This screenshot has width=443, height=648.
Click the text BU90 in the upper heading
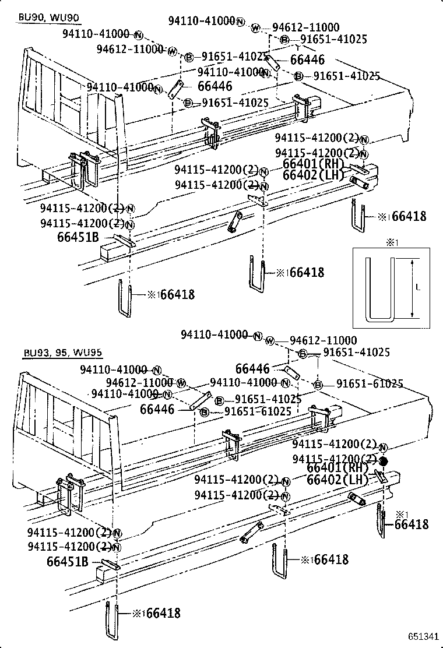[x=28, y=17]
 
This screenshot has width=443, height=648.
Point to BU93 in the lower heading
[x=35, y=352]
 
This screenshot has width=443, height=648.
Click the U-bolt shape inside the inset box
[x=381, y=289]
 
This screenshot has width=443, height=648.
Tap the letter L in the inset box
[x=419, y=287]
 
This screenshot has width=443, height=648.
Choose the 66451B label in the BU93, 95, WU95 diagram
[x=67, y=562]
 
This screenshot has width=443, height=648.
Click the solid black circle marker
[x=383, y=461]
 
